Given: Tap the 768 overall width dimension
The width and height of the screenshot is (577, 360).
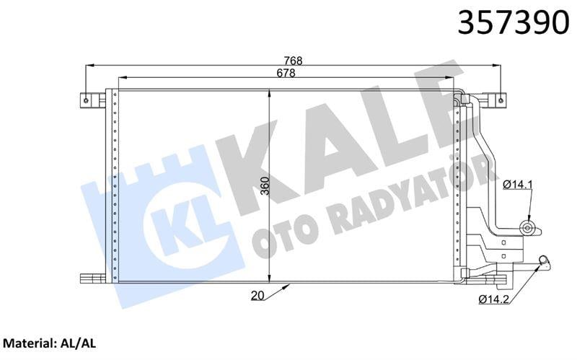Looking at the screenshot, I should (291, 61).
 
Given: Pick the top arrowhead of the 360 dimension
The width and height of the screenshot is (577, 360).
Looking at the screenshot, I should (269, 92).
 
